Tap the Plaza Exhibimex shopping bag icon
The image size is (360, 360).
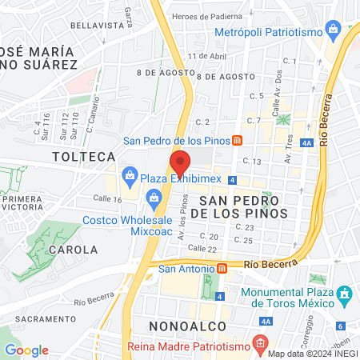pyautogui.click(x=129, y=174)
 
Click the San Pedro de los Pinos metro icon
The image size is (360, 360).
pyautogui.click(x=237, y=142)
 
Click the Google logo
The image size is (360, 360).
pyautogui.click(x=26, y=350)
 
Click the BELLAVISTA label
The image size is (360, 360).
pyautogui.click(x=94, y=26)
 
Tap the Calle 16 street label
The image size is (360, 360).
pyautogui.click(x=106, y=198)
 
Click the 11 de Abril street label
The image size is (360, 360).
pyautogui.click(x=203, y=56)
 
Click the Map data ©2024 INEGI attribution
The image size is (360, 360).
pyautogui.click(x=312, y=354)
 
